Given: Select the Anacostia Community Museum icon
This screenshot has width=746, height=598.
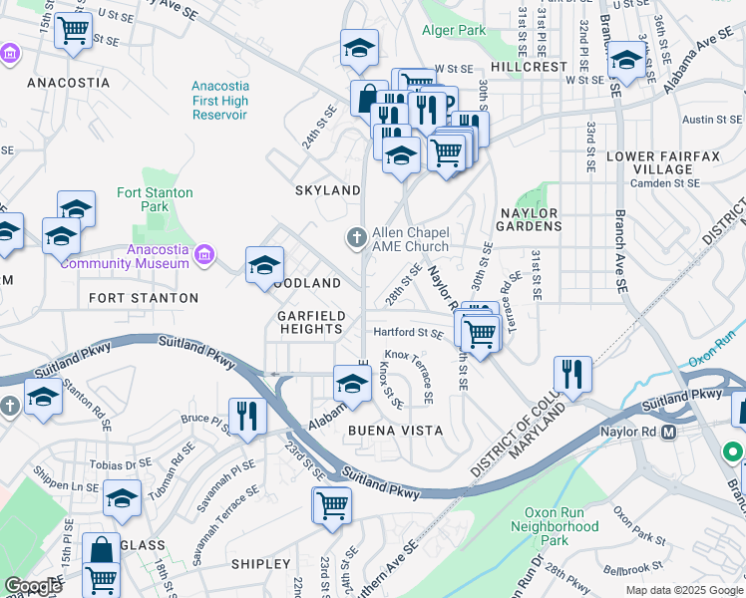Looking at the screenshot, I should click(x=205, y=255).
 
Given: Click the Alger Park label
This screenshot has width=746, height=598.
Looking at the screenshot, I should click(x=454, y=31).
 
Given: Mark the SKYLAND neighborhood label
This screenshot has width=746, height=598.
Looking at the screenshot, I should click(x=327, y=190).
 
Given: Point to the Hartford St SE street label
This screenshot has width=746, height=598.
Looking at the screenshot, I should click(x=408, y=333).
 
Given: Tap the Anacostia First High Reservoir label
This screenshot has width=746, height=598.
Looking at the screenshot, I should click(x=219, y=101).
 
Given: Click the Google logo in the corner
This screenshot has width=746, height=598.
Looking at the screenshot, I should click(x=33, y=586).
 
